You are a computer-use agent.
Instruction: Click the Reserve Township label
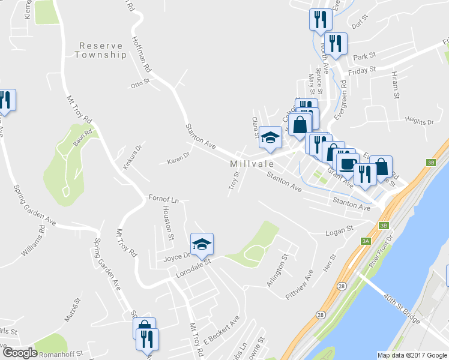pos(101,50)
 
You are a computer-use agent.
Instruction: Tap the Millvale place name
pos(251,164)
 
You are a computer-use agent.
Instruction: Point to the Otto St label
pos(139,85)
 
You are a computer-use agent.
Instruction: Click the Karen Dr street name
pos(178,158)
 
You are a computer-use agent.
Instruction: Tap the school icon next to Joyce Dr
pos(202,243)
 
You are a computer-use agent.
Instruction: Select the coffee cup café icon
pos(347,163)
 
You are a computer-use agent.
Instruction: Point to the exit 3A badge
pos(366,241)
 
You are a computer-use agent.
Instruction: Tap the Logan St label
pos(339,231)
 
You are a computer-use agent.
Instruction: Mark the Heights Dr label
pos(419,122)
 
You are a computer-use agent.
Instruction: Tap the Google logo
pos(20,353)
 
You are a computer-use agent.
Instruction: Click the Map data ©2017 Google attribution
pos(412,355)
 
